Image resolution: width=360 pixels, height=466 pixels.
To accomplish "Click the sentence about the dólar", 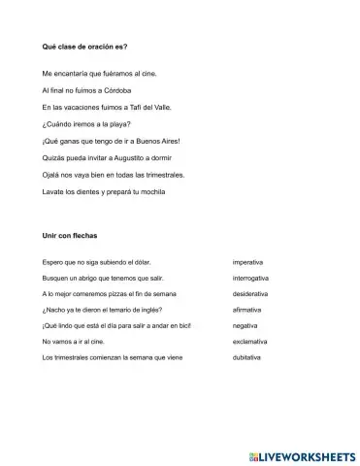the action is [97, 262].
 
